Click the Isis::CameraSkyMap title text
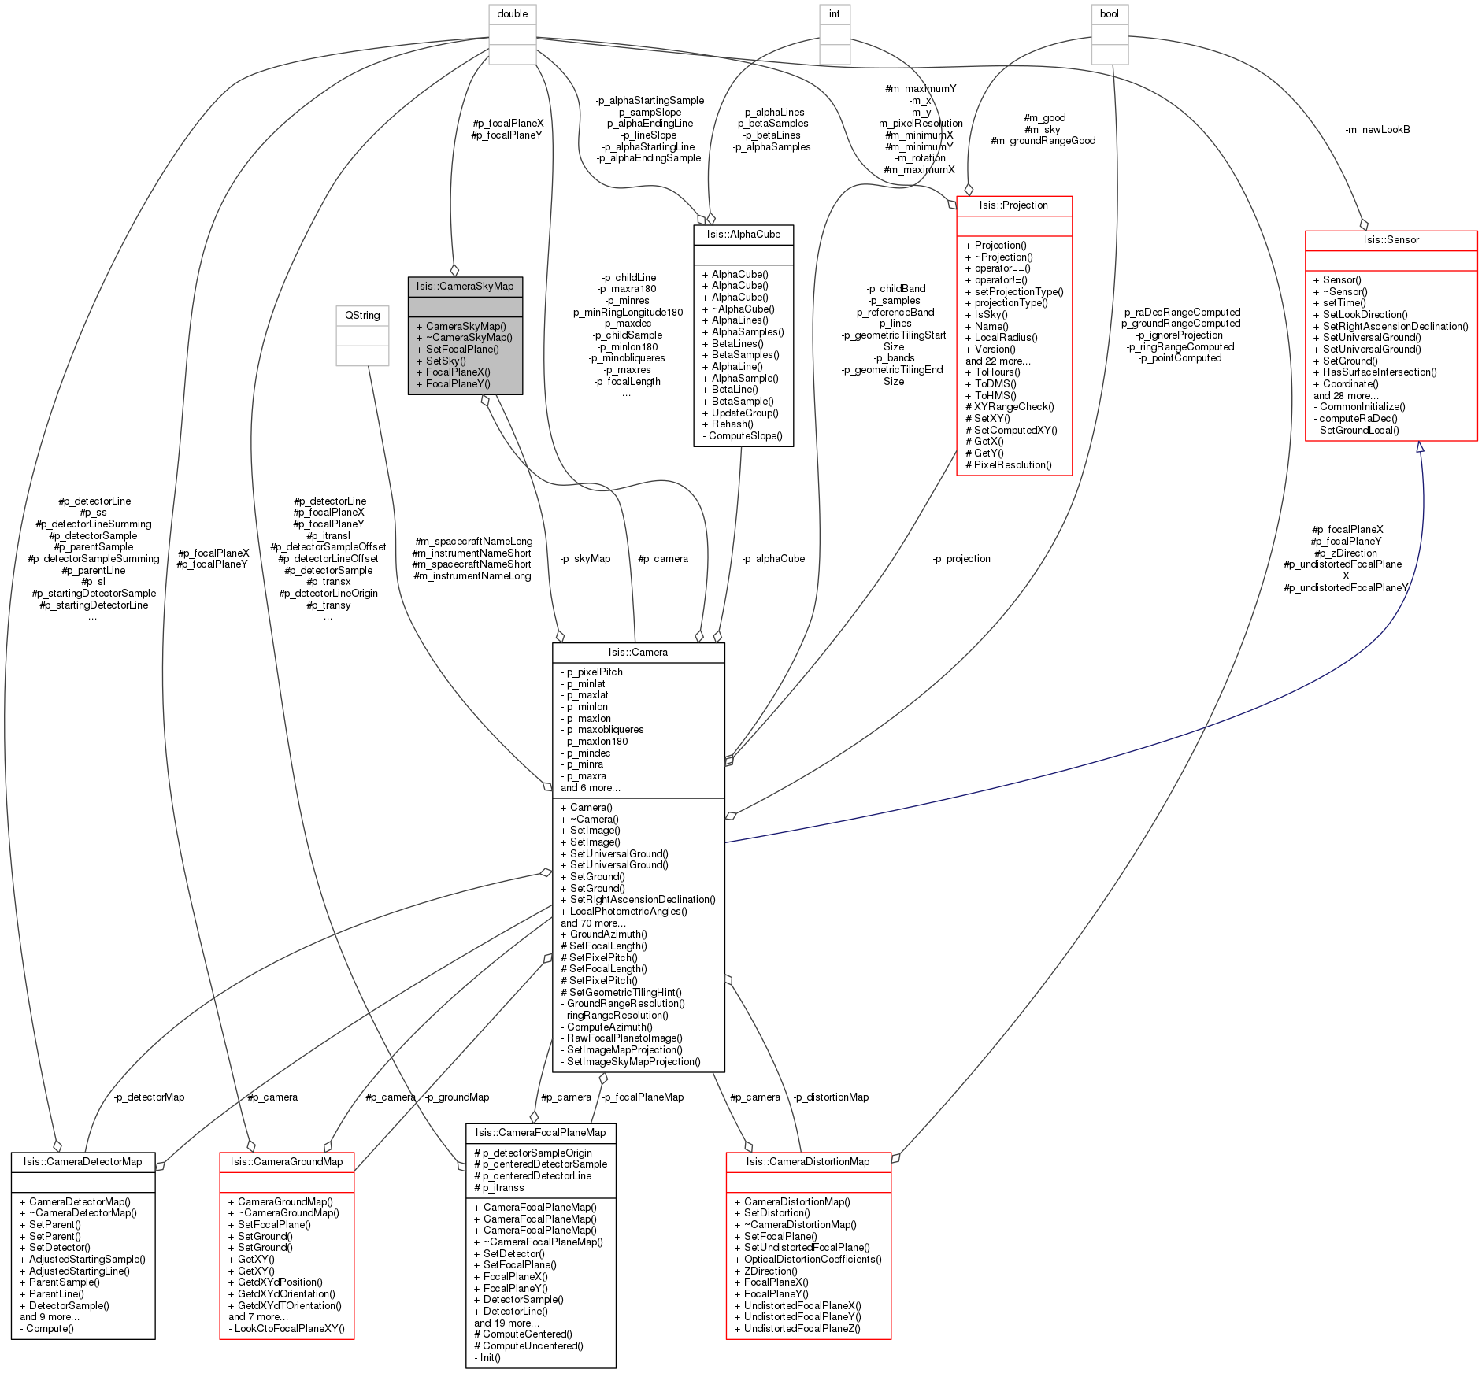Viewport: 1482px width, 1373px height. tap(465, 287)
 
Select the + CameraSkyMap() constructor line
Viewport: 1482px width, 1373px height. tap(461, 326)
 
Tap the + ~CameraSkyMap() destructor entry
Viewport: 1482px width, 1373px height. tap(465, 338)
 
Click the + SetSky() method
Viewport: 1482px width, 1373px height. tap(441, 361)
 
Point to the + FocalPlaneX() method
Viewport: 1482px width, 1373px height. tap(454, 372)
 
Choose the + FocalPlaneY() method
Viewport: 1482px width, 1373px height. tap(454, 384)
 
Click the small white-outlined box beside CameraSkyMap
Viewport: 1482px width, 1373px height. tap(362, 336)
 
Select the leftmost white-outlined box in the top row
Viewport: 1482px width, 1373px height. tap(512, 35)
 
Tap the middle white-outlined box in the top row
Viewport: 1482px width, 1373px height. tap(835, 35)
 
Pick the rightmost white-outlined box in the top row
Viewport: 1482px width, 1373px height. tap(1110, 35)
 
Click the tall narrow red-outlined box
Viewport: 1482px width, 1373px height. tap(1014, 336)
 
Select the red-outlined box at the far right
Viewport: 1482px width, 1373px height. tap(1391, 336)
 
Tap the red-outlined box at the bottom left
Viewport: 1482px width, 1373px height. tap(287, 1245)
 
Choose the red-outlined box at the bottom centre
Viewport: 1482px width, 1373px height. tap(809, 1245)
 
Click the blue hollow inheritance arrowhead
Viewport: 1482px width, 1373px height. tap(1420, 448)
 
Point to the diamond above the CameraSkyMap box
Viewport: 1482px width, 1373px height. tap(454, 271)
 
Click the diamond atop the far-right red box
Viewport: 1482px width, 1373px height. tap(1364, 225)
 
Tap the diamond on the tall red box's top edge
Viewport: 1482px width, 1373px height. tap(969, 190)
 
